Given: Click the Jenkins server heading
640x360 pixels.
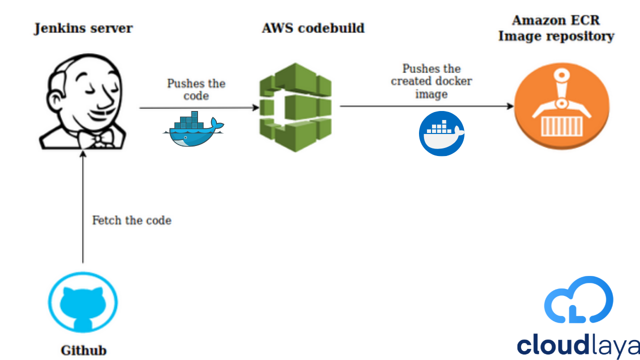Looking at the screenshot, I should tap(83, 28).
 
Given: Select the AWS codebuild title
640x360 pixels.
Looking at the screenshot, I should tap(313, 28).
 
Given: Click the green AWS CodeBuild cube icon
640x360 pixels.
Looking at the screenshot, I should tap(295, 107).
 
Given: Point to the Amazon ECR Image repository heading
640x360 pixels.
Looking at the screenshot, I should tap(556, 28).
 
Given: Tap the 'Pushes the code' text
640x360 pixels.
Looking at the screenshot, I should tap(196, 89).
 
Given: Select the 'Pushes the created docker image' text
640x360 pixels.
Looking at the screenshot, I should tap(431, 81).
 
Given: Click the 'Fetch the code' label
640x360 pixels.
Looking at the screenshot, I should tap(131, 220).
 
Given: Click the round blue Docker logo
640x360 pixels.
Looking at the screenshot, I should tap(441, 133).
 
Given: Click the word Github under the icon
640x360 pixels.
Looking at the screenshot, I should tap(83, 350).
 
